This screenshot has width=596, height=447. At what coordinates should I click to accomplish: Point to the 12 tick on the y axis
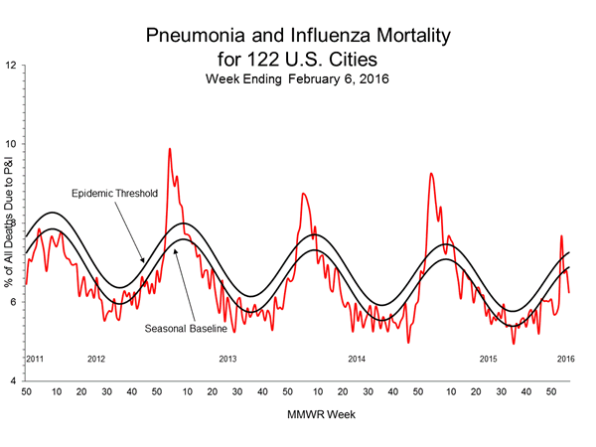11,66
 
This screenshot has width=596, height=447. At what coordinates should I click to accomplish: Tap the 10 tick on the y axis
11,144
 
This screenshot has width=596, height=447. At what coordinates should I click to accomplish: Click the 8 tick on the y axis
13,223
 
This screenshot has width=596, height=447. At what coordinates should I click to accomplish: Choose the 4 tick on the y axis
13,381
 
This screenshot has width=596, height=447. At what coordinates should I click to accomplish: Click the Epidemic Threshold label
113,193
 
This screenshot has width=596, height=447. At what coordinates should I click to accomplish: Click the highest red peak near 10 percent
170,149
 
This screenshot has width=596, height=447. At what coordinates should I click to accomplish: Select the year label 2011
35,358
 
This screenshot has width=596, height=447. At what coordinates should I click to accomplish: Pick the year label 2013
227,358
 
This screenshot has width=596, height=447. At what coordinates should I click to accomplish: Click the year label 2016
565,358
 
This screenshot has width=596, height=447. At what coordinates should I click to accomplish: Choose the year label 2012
96,358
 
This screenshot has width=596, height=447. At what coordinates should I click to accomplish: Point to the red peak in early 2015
430,174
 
